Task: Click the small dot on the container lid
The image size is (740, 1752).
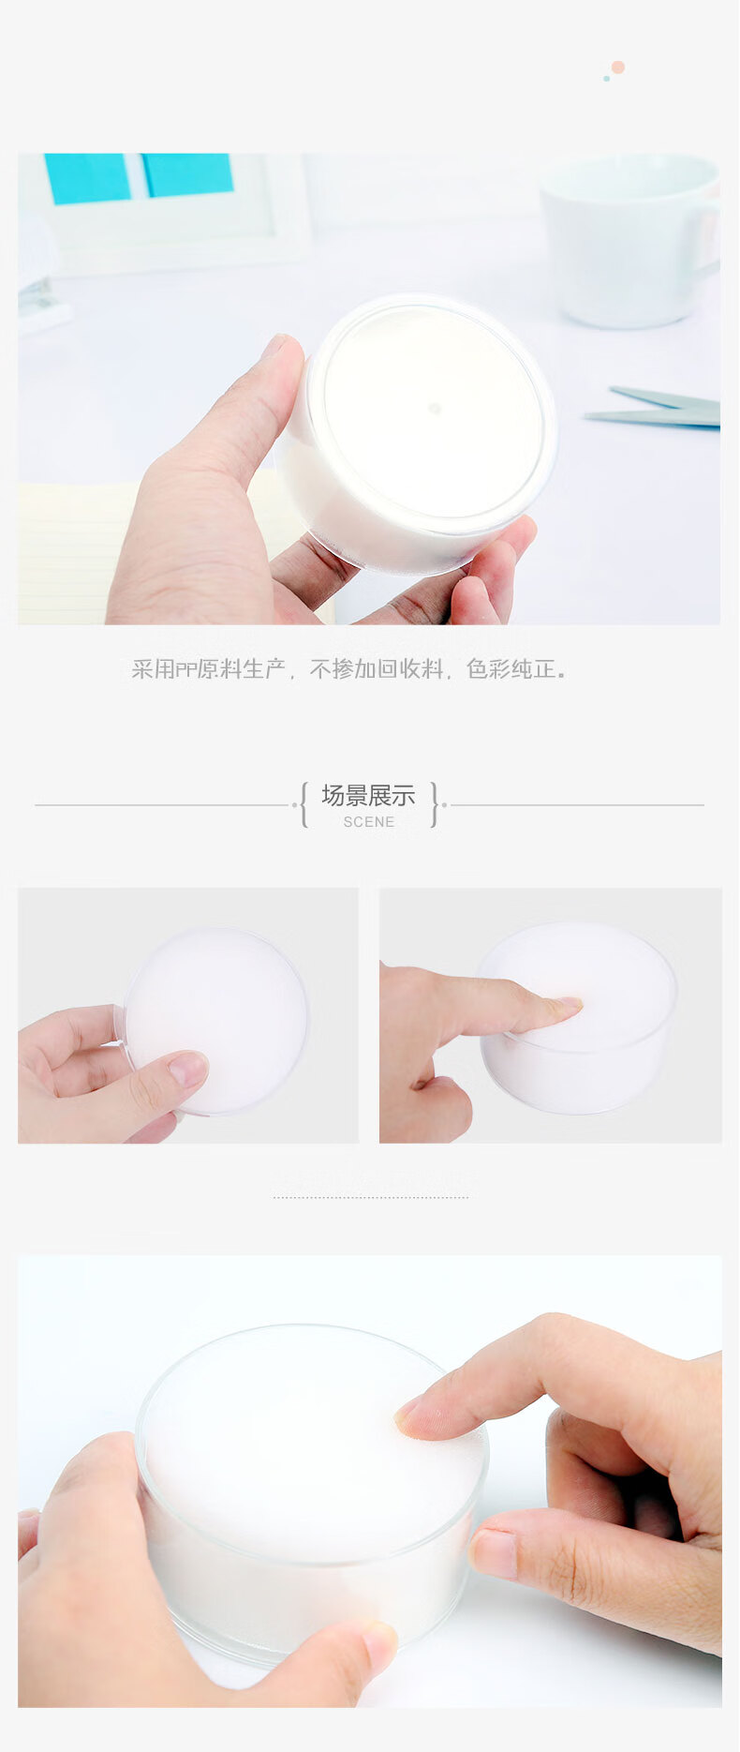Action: coord(435,409)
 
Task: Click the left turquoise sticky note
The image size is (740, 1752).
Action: coord(88,178)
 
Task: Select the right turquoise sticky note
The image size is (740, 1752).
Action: coord(187,174)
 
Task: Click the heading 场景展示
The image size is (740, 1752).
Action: coord(368,796)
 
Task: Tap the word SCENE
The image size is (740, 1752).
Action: coord(369,822)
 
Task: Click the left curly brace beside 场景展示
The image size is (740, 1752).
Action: coord(303,804)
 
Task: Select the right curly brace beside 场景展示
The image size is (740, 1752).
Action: coord(435,804)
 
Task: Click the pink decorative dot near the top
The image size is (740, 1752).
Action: coord(617,67)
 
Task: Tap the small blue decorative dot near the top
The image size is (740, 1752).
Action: coord(607,79)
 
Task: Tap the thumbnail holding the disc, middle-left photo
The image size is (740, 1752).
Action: coord(188,1070)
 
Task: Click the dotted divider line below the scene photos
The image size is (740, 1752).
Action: coord(371,1197)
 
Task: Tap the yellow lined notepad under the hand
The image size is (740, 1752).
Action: coord(66,553)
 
